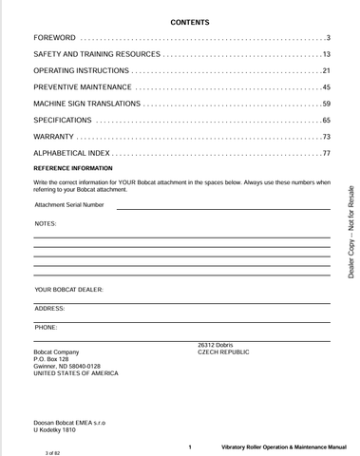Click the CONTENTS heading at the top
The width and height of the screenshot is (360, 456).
tap(189, 21)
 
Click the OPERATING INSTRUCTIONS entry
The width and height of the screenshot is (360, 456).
tap(80, 71)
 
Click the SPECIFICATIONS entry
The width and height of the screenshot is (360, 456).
tap(63, 121)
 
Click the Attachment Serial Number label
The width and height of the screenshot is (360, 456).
tap(69, 204)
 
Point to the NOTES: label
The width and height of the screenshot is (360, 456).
tap(46, 223)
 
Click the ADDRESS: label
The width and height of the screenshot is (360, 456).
tap(49, 308)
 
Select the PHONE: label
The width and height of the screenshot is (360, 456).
tap(46, 327)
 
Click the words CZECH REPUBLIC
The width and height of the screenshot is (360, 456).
tap(223, 351)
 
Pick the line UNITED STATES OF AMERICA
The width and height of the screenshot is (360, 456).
tap(76, 374)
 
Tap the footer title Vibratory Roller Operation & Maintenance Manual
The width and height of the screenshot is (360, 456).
tap(283, 446)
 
